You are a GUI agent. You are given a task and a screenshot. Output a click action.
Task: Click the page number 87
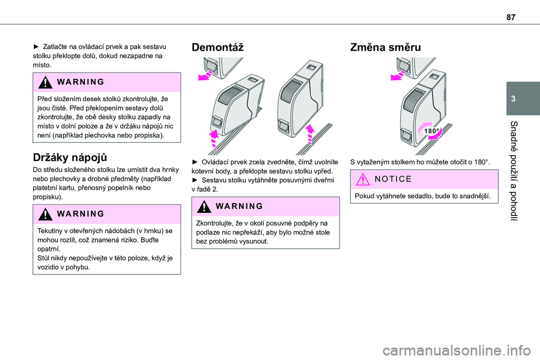511,16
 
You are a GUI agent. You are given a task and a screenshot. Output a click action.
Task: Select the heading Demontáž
217,47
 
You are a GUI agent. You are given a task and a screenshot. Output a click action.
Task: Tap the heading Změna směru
385,47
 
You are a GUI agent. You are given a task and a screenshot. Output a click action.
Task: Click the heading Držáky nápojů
70,157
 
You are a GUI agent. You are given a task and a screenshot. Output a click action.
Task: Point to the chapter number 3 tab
513,99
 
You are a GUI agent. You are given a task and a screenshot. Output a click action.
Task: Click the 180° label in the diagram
431,131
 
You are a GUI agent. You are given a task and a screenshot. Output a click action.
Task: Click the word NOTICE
393,179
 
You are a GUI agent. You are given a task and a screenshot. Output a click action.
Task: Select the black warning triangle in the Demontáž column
204,206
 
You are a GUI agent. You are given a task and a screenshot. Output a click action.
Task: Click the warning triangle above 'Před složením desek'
46,82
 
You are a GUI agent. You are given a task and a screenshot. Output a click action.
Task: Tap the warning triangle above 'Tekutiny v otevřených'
46,214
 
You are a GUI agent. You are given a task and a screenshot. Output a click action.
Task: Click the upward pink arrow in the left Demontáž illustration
214,139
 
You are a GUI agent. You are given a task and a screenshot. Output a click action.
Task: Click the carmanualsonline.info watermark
457,351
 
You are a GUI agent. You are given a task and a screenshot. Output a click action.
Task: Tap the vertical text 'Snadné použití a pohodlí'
514,170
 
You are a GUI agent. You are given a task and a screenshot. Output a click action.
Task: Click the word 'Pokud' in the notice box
363,196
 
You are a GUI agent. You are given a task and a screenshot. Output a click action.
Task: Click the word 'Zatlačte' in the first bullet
55,47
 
